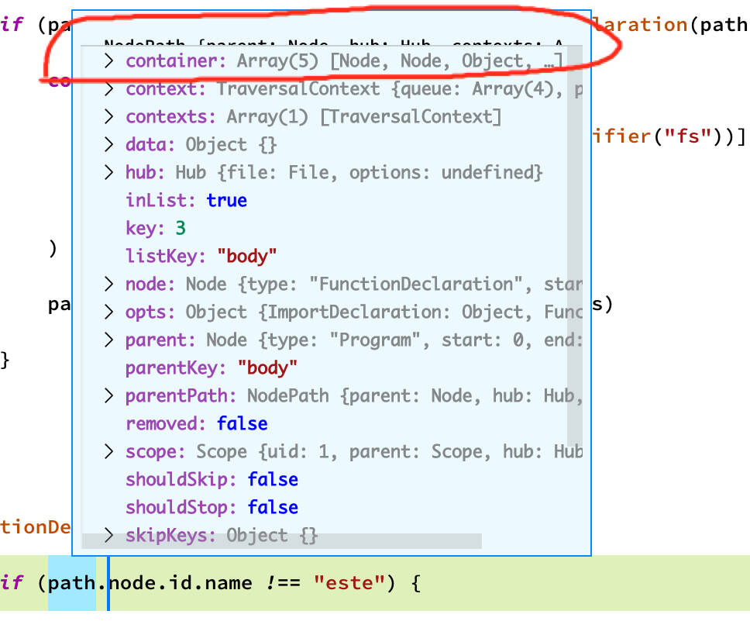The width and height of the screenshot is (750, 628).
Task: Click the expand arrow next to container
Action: [x=109, y=61]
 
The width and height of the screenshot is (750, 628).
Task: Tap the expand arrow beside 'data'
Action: [x=109, y=145]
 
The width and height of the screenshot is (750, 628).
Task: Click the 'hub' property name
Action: [x=147, y=172]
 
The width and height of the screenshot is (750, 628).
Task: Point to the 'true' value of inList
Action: [x=226, y=200]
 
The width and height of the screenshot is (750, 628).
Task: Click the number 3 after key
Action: [x=181, y=228]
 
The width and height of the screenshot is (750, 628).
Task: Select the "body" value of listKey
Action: [x=247, y=256]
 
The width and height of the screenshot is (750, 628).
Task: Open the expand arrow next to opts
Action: [x=109, y=312]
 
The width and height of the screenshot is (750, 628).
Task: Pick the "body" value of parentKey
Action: [x=267, y=367]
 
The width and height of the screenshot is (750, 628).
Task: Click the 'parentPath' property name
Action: [x=181, y=395]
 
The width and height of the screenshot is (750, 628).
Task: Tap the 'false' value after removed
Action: [x=242, y=423]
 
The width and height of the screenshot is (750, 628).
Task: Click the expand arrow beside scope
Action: [x=109, y=451]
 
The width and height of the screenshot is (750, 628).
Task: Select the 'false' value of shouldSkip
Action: [x=273, y=479]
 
